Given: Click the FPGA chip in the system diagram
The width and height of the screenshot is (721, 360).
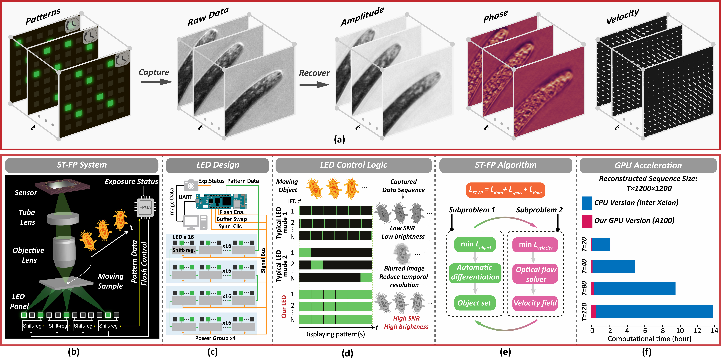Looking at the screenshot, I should coord(145,207).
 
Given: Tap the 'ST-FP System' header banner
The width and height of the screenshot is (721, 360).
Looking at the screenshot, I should coord(82,165).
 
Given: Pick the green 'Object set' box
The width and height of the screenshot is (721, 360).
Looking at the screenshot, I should coord(474,303).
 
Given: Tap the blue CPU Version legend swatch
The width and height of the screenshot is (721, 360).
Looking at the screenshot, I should coord(587,203).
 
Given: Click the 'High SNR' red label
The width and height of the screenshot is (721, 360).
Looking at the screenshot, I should coord(406,318).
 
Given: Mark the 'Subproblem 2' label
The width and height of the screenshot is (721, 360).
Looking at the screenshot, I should coord(539,210).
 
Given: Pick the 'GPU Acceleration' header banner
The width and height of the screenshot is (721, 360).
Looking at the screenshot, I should coord(648,165).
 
